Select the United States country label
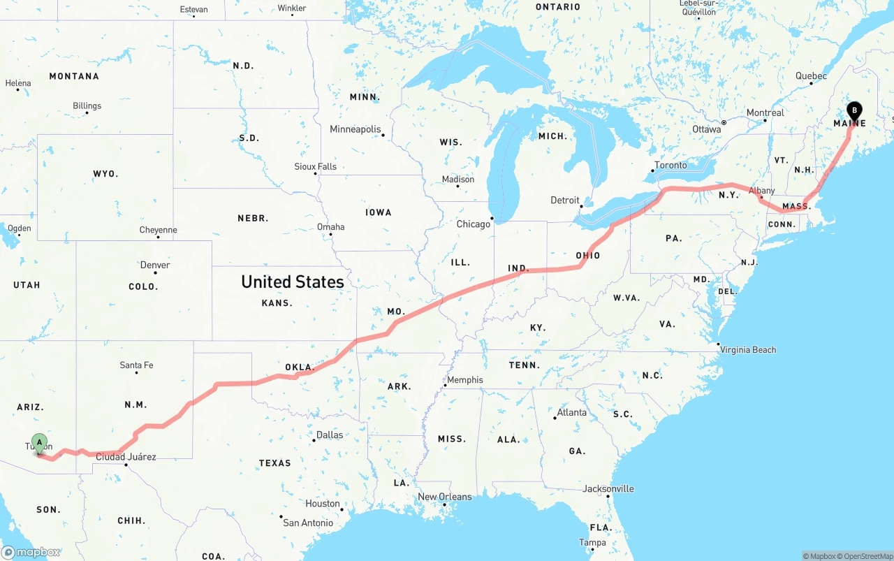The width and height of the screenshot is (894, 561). (x=292, y=282)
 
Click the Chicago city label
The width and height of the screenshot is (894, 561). (x=474, y=224)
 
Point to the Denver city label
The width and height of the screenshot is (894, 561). (x=155, y=265)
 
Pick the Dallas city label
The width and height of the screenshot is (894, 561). (x=330, y=435)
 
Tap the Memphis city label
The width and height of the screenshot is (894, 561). (x=464, y=380)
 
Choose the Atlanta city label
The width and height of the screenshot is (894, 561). (x=572, y=412)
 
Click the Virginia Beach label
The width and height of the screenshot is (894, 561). (x=748, y=349)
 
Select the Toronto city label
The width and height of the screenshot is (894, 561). (x=670, y=166)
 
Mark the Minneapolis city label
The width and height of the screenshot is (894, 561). (x=356, y=129)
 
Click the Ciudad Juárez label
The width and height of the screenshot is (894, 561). (x=126, y=457)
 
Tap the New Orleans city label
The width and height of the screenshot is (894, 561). (x=445, y=497)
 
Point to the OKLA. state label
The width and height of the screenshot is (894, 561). (x=300, y=367)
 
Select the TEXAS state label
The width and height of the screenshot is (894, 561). (x=274, y=463)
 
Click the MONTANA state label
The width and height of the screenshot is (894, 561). (x=74, y=76)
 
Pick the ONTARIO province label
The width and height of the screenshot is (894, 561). (x=558, y=7)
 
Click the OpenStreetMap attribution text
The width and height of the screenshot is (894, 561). (x=867, y=556)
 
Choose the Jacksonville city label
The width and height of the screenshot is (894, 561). (x=608, y=488)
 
